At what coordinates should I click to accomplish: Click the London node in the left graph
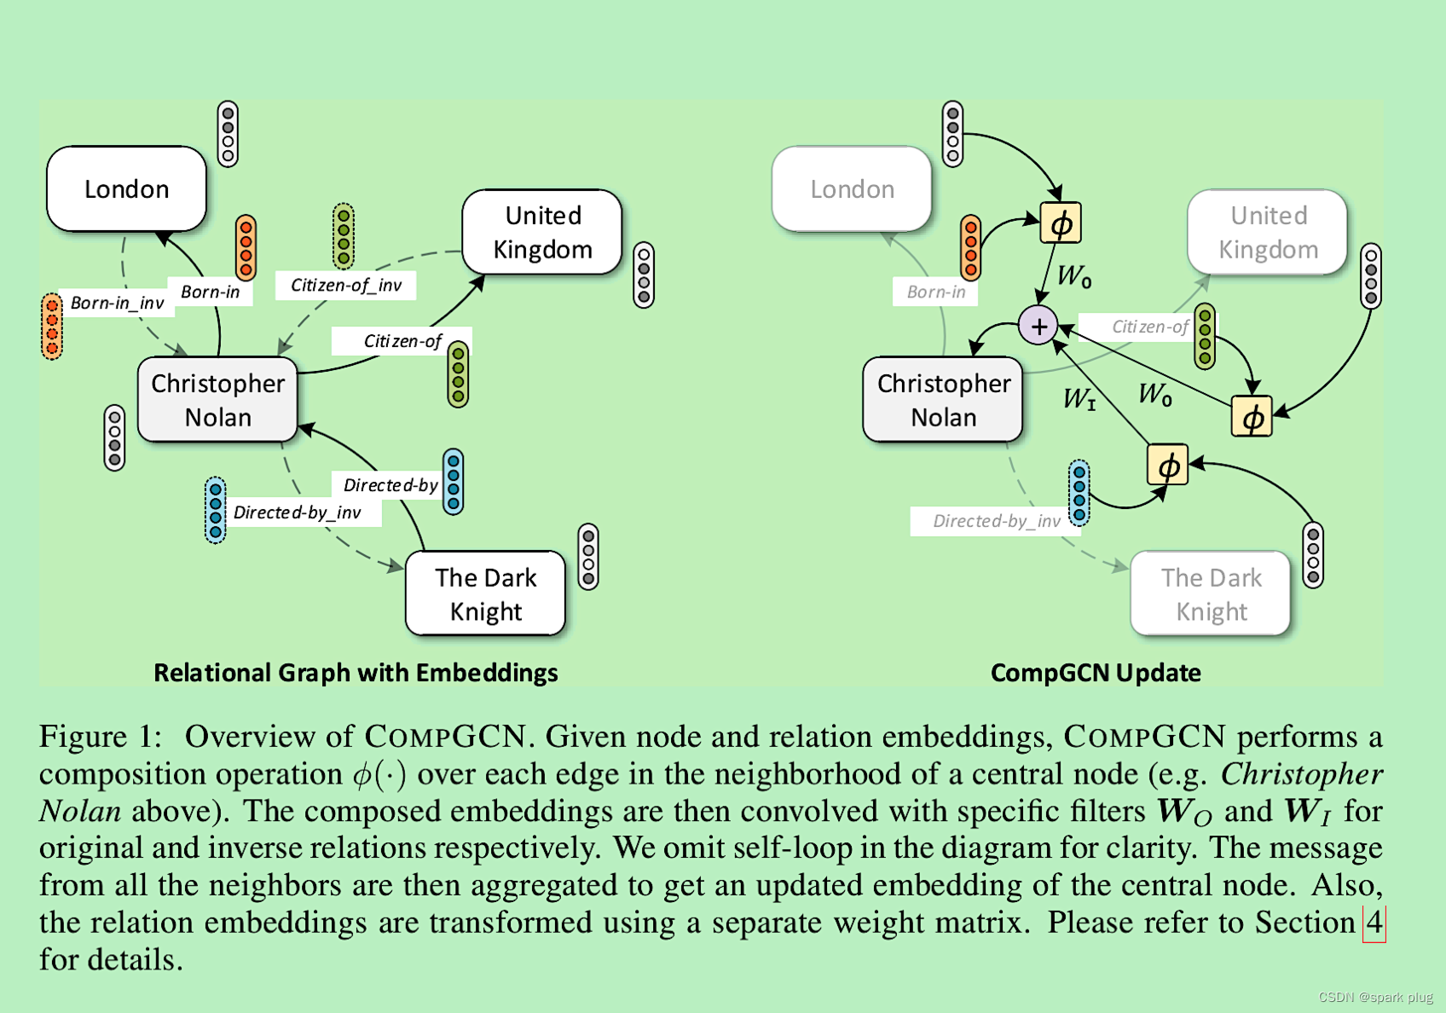pyautogui.click(x=126, y=188)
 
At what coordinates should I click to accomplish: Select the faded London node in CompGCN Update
pyautogui.click(x=852, y=188)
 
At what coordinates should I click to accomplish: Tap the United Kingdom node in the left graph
pyautogui.click(x=542, y=232)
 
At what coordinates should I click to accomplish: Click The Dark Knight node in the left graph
pyautogui.click(x=485, y=594)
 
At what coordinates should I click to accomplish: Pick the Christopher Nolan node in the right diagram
pyautogui.click(x=943, y=400)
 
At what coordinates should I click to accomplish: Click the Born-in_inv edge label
pyautogui.click(x=117, y=303)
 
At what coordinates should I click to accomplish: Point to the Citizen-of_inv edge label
pyautogui.click(x=345, y=285)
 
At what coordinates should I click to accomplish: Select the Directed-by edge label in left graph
pyautogui.click(x=390, y=485)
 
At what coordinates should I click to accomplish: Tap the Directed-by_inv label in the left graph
pyautogui.click(x=297, y=512)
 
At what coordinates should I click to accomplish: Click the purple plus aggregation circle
pyautogui.click(x=1038, y=326)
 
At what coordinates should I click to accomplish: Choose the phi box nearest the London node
pyautogui.click(x=1061, y=223)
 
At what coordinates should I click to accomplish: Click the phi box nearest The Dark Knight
pyautogui.click(x=1167, y=466)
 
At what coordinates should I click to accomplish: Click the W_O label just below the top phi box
pyautogui.click(x=1073, y=275)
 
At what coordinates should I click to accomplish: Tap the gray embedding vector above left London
pyautogui.click(x=228, y=134)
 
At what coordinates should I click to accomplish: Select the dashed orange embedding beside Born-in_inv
pyautogui.click(x=52, y=326)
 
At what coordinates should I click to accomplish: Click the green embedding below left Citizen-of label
pyautogui.click(x=458, y=374)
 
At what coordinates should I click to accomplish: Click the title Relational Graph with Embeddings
pyautogui.click(x=356, y=673)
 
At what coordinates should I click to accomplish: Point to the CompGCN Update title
pyautogui.click(x=1095, y=673)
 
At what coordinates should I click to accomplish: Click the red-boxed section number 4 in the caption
pyautogui.click(x=1374, y=923)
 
